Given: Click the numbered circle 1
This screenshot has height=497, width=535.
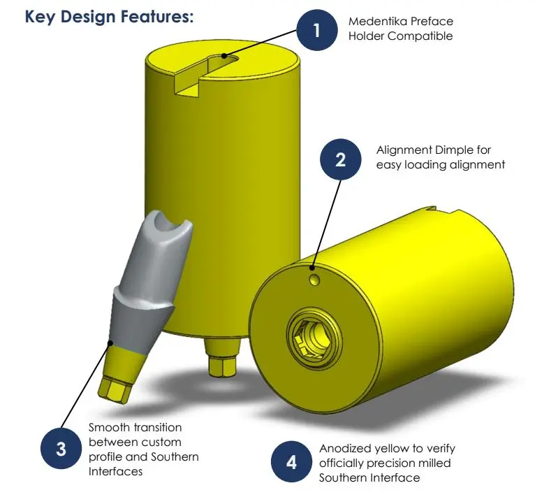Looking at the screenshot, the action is point(317,30).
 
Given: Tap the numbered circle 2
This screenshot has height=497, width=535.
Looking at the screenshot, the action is point(341,159).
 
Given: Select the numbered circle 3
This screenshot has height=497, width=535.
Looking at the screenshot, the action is point(61,448).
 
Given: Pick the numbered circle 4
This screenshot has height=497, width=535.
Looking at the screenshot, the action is point(291,462).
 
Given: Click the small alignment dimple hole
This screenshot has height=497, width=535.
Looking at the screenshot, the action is point(314,280).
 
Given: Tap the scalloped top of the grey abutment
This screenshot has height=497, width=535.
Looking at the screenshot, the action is point(166,227).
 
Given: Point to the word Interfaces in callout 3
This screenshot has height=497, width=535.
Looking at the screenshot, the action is point(115,471).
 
